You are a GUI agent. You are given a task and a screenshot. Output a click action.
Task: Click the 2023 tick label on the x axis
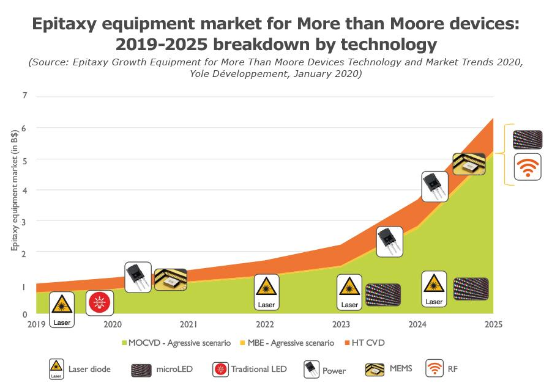(x=341, y=324)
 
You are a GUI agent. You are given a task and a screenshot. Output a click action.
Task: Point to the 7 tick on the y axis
(x=25, y=96)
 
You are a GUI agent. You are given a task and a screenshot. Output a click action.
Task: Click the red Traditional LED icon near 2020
(x=99, y=303)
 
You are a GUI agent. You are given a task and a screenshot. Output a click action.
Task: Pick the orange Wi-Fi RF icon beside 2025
(x=527, y=167)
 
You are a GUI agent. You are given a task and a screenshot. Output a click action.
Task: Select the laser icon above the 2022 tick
(x=266, y=291)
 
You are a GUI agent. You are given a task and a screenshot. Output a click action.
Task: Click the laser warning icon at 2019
(x=62, y=308)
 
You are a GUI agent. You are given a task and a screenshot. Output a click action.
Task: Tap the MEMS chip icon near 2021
(x=170, y=279)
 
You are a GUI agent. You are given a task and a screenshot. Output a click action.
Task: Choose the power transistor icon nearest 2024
(x=435, y=186)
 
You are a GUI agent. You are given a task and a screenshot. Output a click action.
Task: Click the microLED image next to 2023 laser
(x=383, y=295)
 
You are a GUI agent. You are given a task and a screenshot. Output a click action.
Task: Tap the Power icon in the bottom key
(x=312, y=369)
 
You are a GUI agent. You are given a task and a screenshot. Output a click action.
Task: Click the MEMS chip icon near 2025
(x=469, y=164)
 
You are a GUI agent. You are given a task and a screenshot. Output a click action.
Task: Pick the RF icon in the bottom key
(x=435, y=369)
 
